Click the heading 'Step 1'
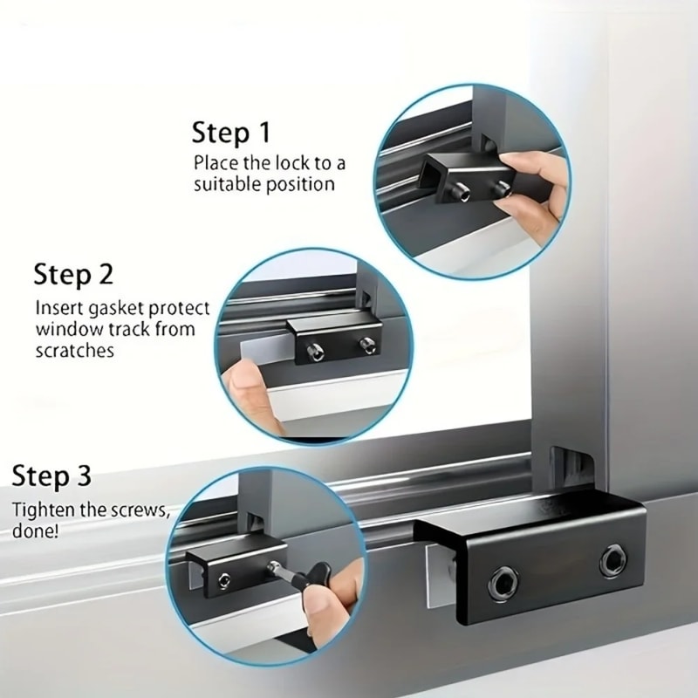230,133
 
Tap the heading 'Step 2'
73,274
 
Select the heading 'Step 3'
51,477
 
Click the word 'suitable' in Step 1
225,184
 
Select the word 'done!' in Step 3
36,530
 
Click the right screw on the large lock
613,562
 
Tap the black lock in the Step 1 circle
458,179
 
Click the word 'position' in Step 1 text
301,184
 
